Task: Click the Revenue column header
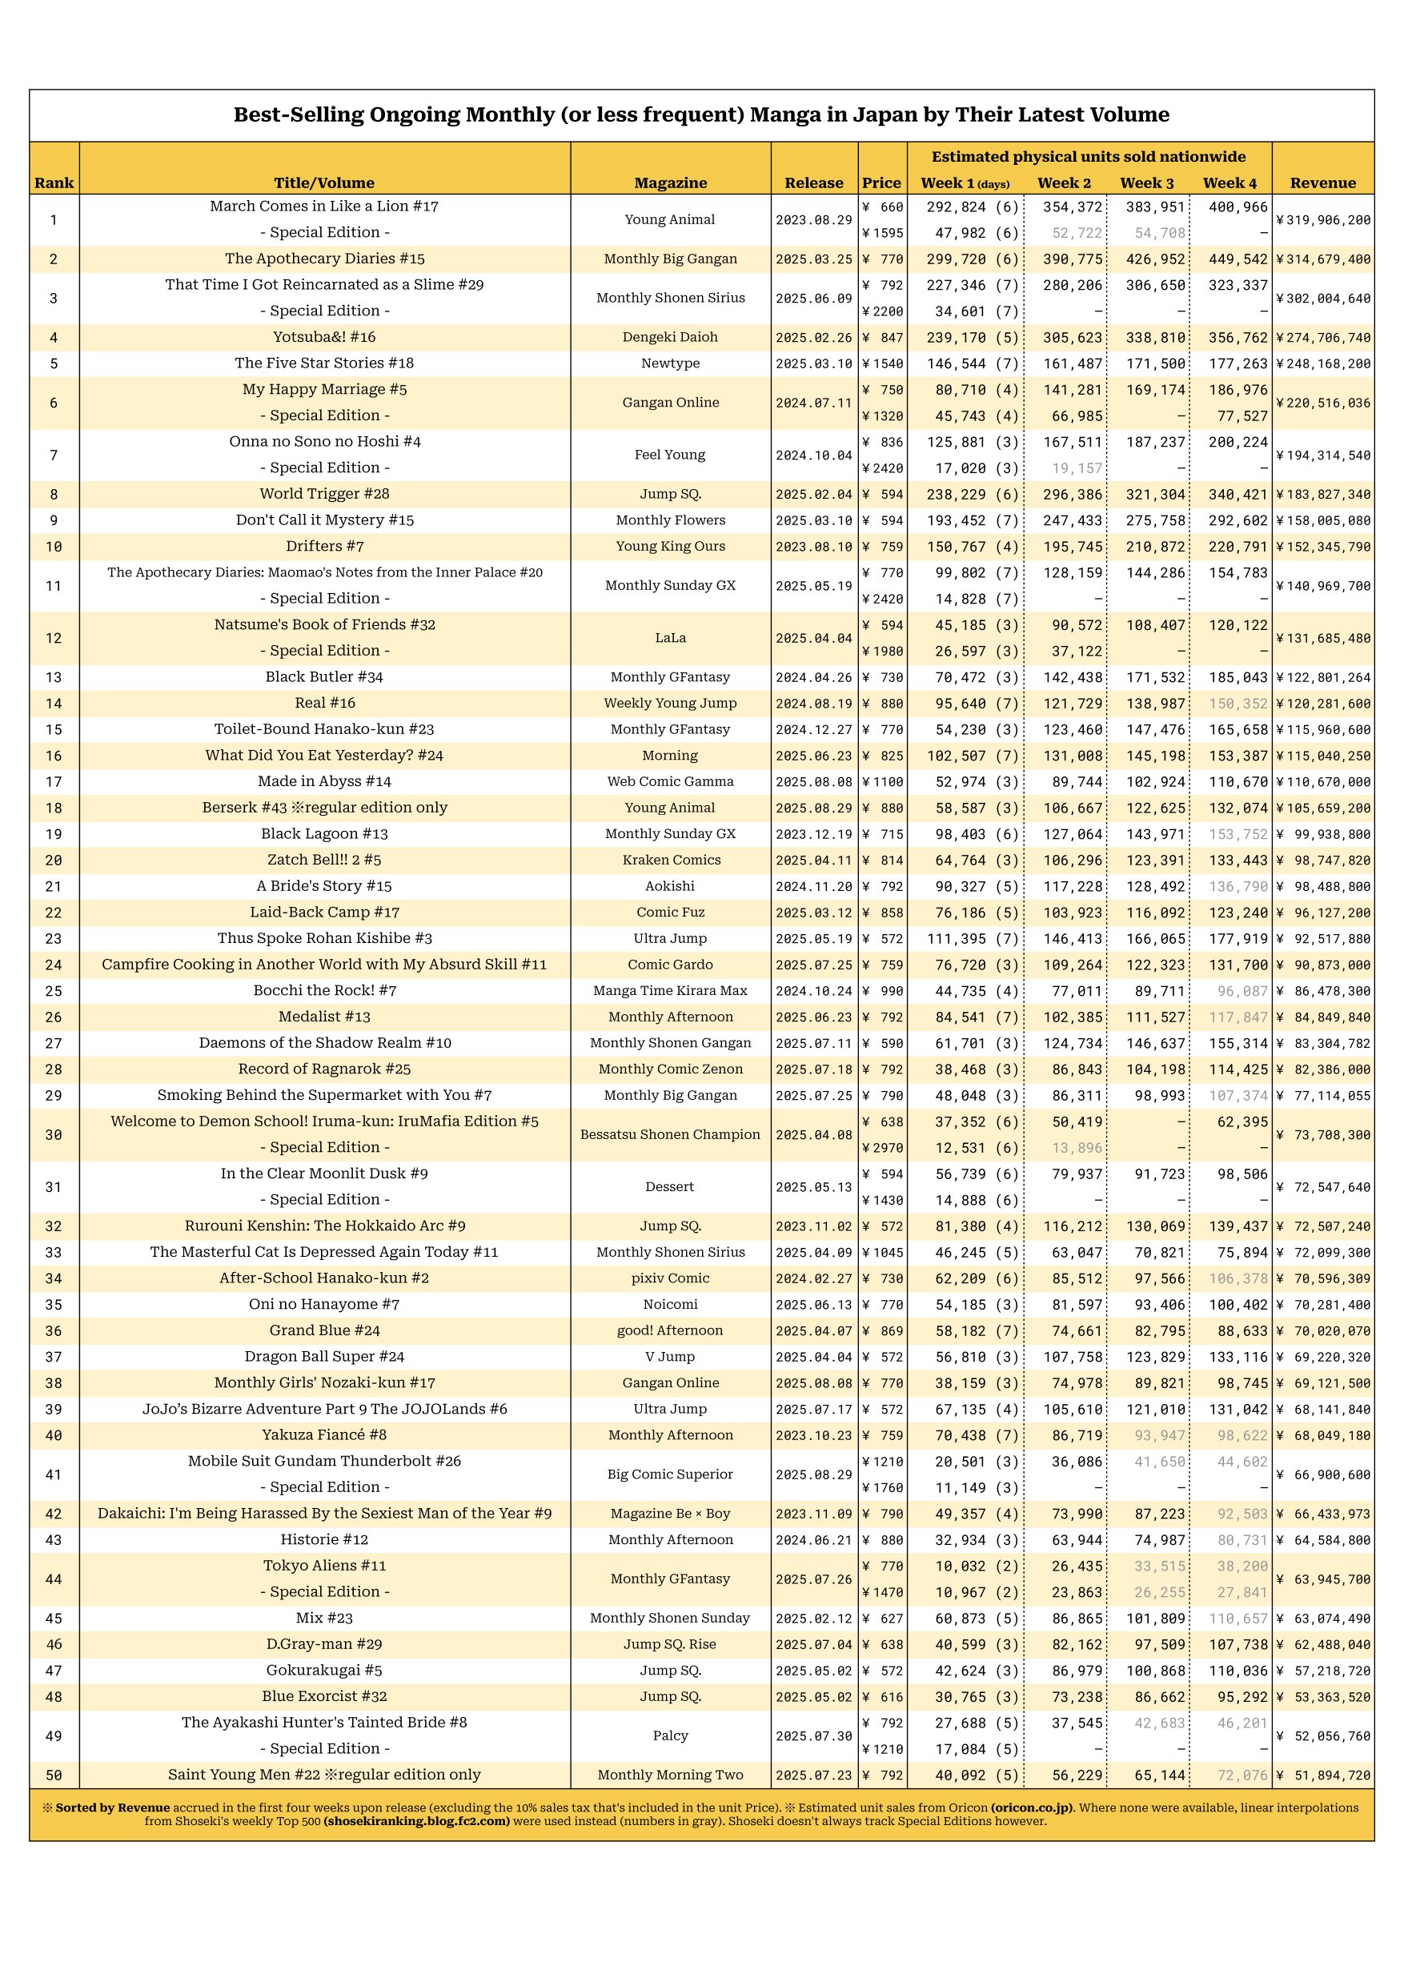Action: [x=1322, y=183]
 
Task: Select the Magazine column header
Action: [x=671, y=183]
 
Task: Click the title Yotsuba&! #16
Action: [x=324, y=337]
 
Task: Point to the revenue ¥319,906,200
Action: [x=1322, y=219]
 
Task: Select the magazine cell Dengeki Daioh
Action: [x=671, y=337]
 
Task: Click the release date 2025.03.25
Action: [x=813, y=259]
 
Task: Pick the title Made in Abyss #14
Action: [x=324, y=781]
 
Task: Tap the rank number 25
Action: [x=54, y=990]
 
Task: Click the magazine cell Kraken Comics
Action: [x=671, y=860]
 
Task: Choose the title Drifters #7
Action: [x=324, y=546]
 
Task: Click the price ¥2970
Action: [x=882, y=1148]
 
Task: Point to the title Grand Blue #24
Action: [x=324, y=1330]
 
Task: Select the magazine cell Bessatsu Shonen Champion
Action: [x=671, y=1134]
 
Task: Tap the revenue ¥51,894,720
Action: [x=1322, y=1775]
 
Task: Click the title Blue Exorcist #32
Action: [x=324, y=1696]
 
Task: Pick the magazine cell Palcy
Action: [x=671, y=1735]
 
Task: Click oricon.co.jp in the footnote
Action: [x=1032, y=1807]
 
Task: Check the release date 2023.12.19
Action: [x=813, y=834]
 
